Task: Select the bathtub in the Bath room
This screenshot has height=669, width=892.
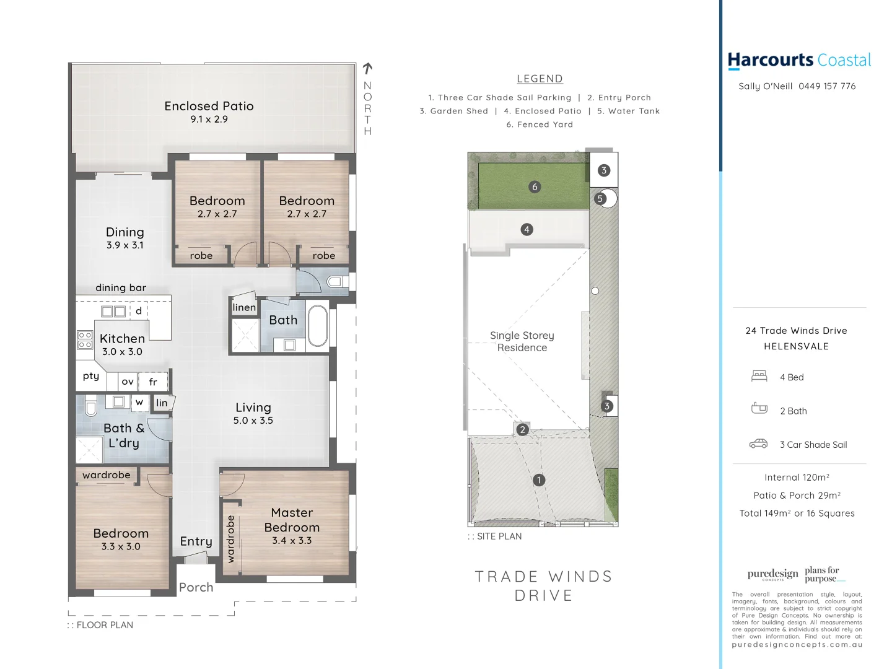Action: point(317,325)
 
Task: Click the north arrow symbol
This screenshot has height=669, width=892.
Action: point(367,68)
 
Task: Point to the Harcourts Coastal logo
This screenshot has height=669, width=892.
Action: point(799,60)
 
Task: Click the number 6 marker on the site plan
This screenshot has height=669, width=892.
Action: point(535,187)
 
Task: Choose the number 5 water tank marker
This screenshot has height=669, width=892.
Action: point(600,199)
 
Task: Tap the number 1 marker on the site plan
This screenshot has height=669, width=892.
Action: point(539,480)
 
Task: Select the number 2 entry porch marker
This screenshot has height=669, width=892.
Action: point(522,429)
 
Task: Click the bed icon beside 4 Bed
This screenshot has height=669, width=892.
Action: point(759,376)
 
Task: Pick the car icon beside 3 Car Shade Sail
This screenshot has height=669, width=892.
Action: point(759,444)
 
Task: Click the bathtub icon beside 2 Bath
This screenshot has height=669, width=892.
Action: point(759,409)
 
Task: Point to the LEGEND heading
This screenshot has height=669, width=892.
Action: point(540,79)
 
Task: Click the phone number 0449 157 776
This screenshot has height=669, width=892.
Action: point(827,86)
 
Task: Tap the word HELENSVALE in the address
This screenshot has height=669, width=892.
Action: point(796,346)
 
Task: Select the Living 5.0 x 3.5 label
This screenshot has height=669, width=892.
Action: point(253,413)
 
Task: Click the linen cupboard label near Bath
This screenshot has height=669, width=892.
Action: point(244,307)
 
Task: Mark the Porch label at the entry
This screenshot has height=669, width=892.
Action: point(196,587)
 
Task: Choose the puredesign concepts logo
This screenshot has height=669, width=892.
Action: point(772,574)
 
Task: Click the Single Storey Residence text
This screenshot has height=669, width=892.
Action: point(522,341)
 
